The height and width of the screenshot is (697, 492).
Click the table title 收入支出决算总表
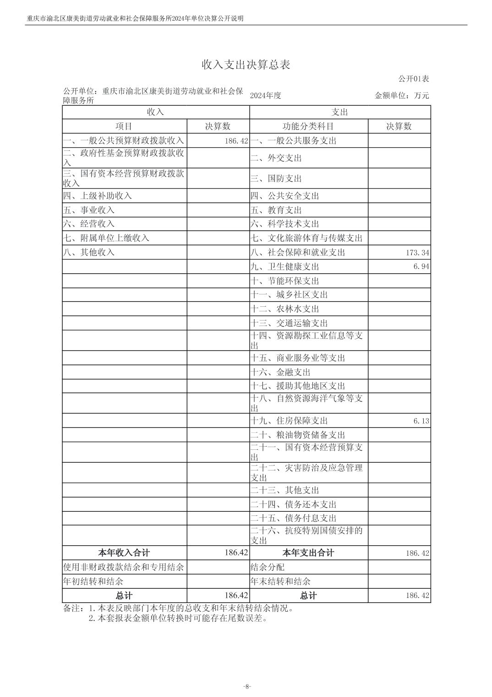point(246,65)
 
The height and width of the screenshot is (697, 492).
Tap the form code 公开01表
point(413,79)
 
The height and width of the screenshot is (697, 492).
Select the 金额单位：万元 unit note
point(402,96)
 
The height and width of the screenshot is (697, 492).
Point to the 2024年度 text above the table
point(265,95)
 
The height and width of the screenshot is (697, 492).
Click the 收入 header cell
point(155,112)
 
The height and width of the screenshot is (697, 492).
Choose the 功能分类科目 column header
point(308,127)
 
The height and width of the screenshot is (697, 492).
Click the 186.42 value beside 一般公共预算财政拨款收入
point(236,141)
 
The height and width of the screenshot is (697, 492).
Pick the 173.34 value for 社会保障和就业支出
point(417,253)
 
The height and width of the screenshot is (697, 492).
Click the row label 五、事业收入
point(89,210)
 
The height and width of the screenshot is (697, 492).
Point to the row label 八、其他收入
point(89,252)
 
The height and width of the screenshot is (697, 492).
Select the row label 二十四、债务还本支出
point(293,504)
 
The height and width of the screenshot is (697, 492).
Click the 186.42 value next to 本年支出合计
point(417,553)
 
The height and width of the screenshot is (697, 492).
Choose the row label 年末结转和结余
point(280,581)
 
